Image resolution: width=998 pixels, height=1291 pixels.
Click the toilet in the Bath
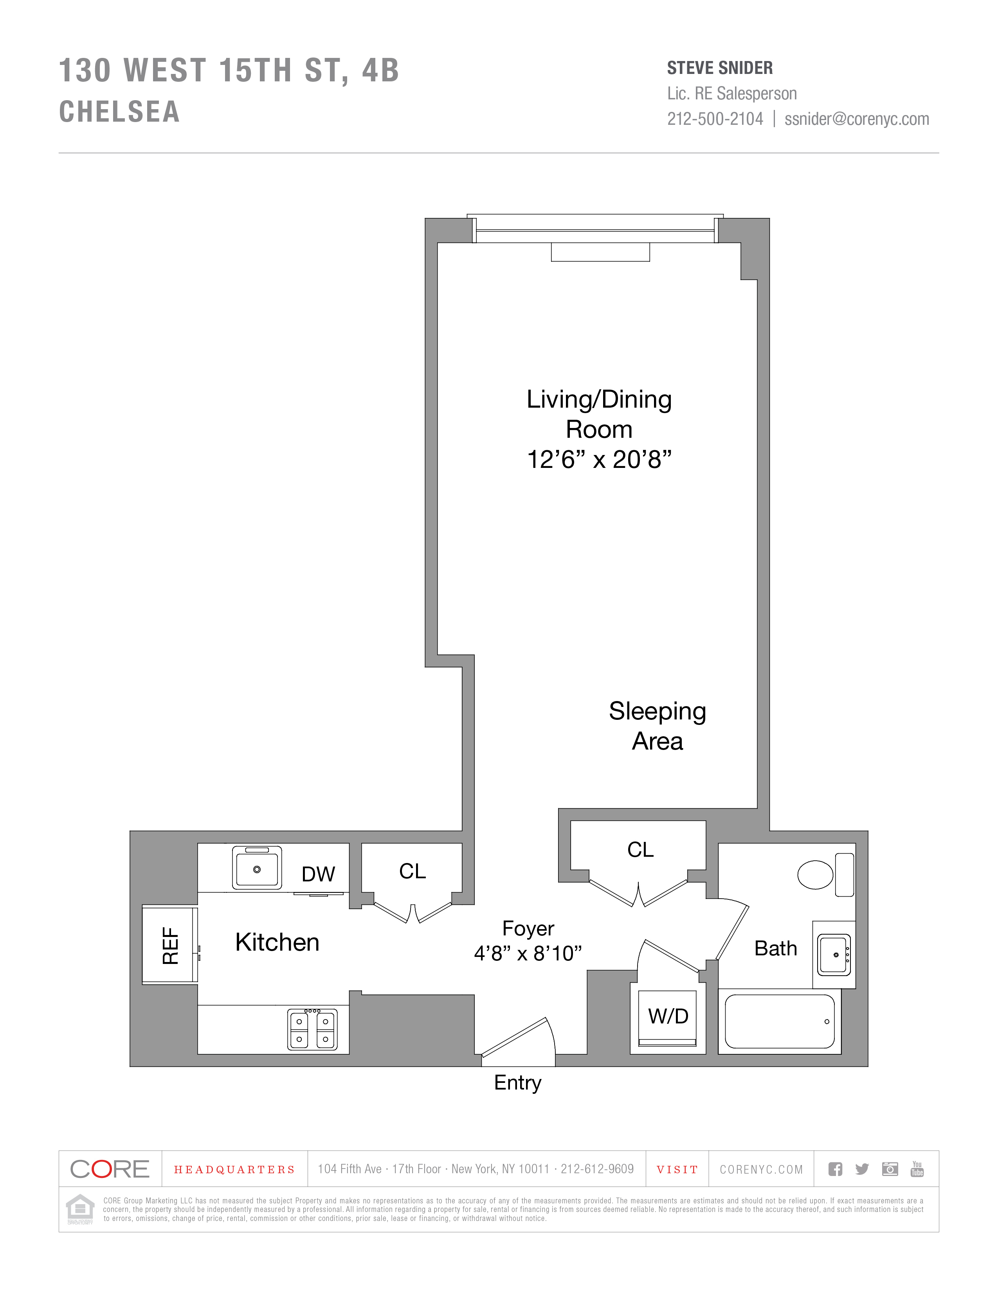point(825,874)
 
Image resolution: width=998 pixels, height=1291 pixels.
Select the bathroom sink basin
point(834,955)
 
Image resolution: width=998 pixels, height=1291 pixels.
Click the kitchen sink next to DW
point(257,868)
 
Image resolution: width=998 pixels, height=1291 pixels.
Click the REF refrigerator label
point(170,946)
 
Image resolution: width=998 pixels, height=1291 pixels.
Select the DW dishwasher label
point(318,874)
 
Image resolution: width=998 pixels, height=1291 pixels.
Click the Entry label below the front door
point(518,1083)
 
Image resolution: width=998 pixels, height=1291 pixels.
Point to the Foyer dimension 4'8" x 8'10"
point(528,953)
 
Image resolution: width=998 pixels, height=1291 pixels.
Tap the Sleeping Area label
point(658,726)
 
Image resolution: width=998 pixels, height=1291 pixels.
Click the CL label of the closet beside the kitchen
point(412,871)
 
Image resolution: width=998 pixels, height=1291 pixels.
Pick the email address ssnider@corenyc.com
point(857,119)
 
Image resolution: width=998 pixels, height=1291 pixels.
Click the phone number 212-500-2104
point(715,119)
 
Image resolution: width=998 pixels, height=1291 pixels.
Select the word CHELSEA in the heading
point(119,112)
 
